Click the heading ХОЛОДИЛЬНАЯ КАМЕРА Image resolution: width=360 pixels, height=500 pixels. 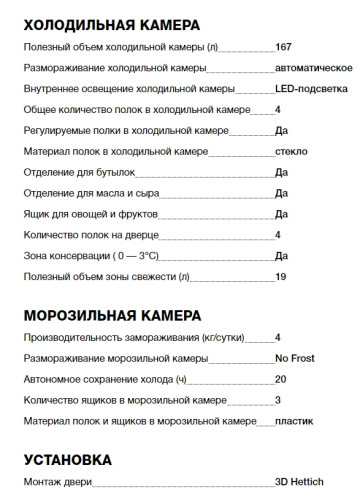[111, 23]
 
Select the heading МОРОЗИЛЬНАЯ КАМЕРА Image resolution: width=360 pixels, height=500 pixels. [111, 316]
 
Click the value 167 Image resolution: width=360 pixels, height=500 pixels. [284, 46]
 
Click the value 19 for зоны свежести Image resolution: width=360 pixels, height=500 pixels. [280, 276]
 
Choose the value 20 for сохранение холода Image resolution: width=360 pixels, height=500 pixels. [280, 380]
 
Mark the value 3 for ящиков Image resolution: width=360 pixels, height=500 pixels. [277, 401]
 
